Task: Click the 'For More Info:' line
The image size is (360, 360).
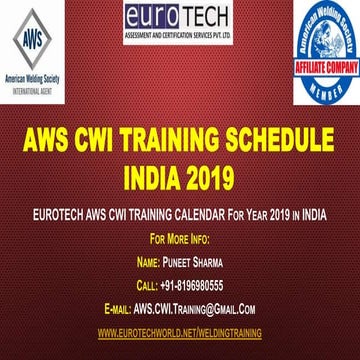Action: (179, 240)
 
